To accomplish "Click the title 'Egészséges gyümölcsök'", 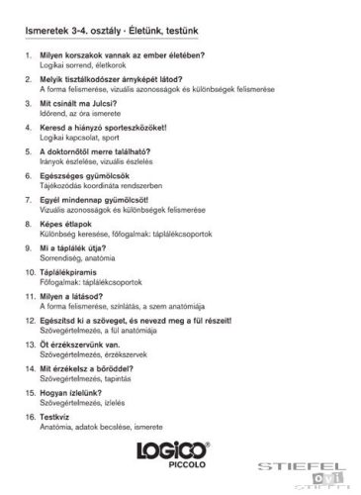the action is coord(83,175).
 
